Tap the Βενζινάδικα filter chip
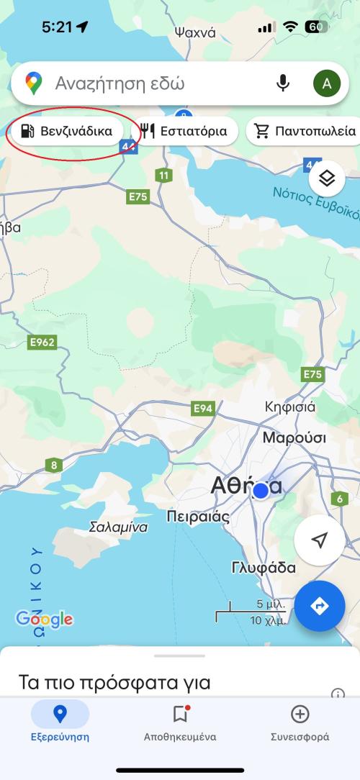point(68,131)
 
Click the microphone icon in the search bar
point(283,84)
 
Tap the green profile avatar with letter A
point(326,84)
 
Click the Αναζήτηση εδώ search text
point(120,84)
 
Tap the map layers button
point(327,178)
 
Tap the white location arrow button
point(320,540)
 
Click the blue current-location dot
point(261,491)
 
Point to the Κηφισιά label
point(290,407)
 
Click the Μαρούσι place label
point(294,438)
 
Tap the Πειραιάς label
point(198,517)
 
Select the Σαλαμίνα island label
point(118,527)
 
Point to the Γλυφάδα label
point(264,568)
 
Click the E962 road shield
point(42,343)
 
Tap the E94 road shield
point(204,409)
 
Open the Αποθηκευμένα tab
point(180,723)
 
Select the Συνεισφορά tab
point(300,723)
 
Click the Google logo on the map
point(45,619)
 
